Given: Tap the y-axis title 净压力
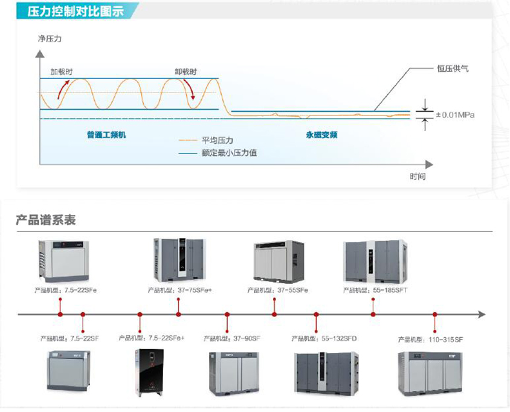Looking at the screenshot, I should coord(50,39).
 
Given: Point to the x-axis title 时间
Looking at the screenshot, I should coord(417,177).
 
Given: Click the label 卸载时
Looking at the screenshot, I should coord(186,71).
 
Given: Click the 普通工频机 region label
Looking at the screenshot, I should coord(106,135).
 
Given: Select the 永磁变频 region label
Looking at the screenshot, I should coord(321,135).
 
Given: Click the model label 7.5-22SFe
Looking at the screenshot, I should coord(66,291).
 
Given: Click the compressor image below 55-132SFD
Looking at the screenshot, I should coord(327,372).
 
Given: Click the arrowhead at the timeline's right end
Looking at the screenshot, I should coord(480,315).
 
